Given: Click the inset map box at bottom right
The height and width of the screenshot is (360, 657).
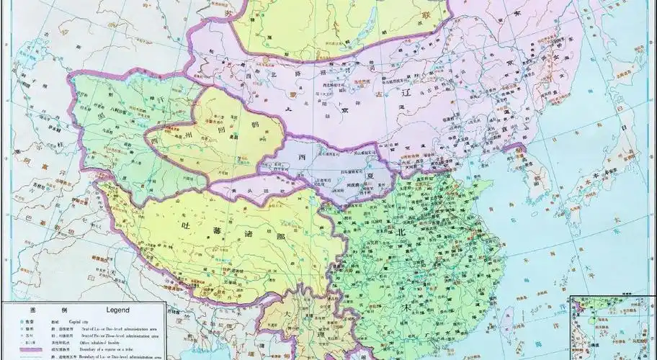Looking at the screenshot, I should click(612, 328).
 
